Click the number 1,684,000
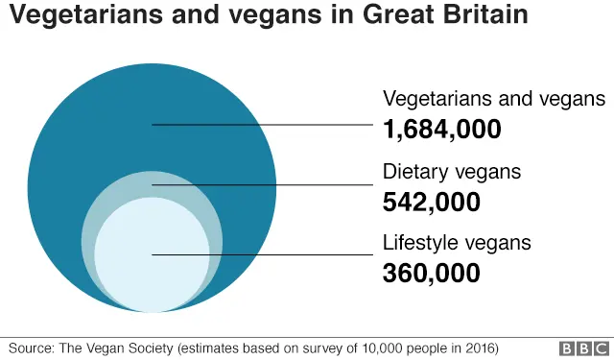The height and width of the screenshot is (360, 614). coord(442,129)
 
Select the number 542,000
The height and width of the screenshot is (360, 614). coord(431,202)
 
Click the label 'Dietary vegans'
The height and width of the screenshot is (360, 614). coord(452,173)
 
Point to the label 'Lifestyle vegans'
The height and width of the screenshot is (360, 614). coord(457,244)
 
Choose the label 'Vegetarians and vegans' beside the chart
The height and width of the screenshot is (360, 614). coord(494,99)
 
